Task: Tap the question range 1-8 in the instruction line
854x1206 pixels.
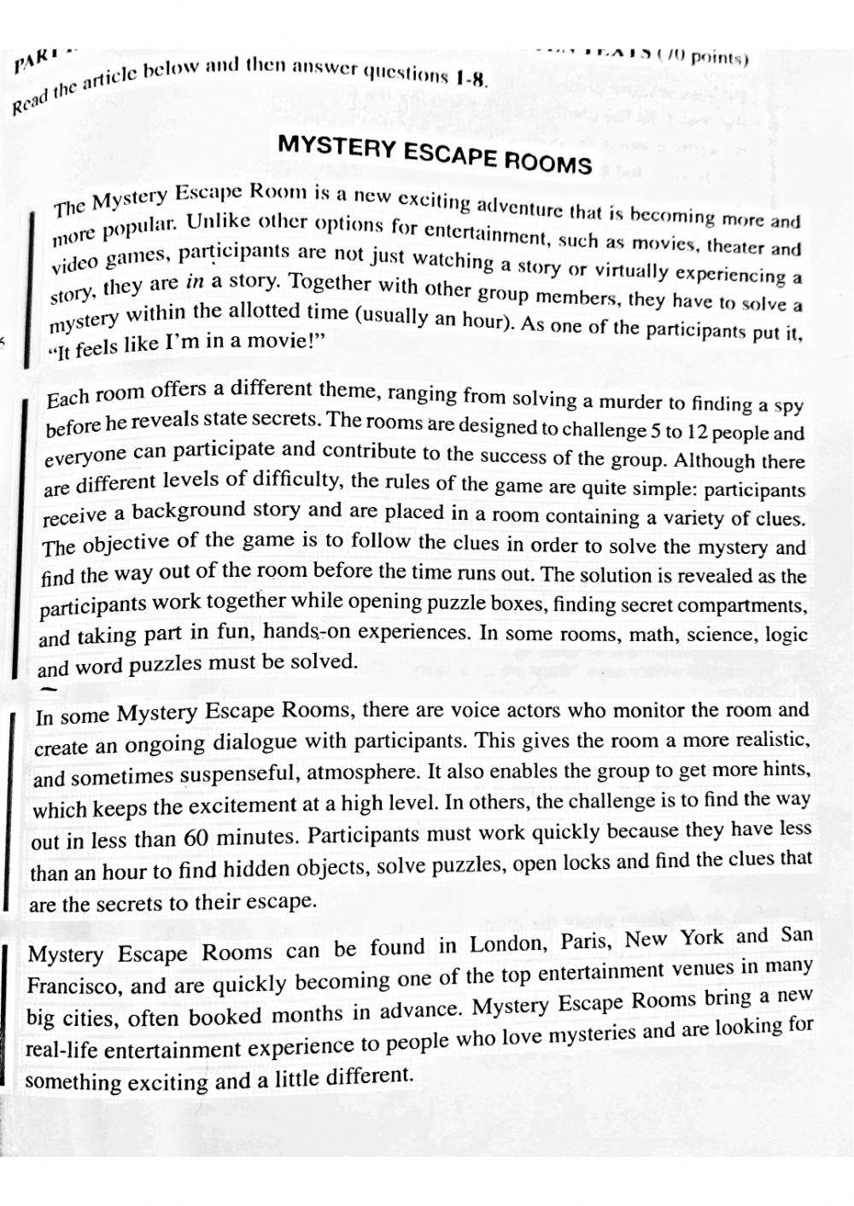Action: pos(471,79)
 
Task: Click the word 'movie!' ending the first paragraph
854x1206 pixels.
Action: pos(280,340)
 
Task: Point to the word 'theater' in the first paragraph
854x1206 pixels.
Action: pos(735,247)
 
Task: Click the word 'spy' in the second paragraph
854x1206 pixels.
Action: pos(787,407)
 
